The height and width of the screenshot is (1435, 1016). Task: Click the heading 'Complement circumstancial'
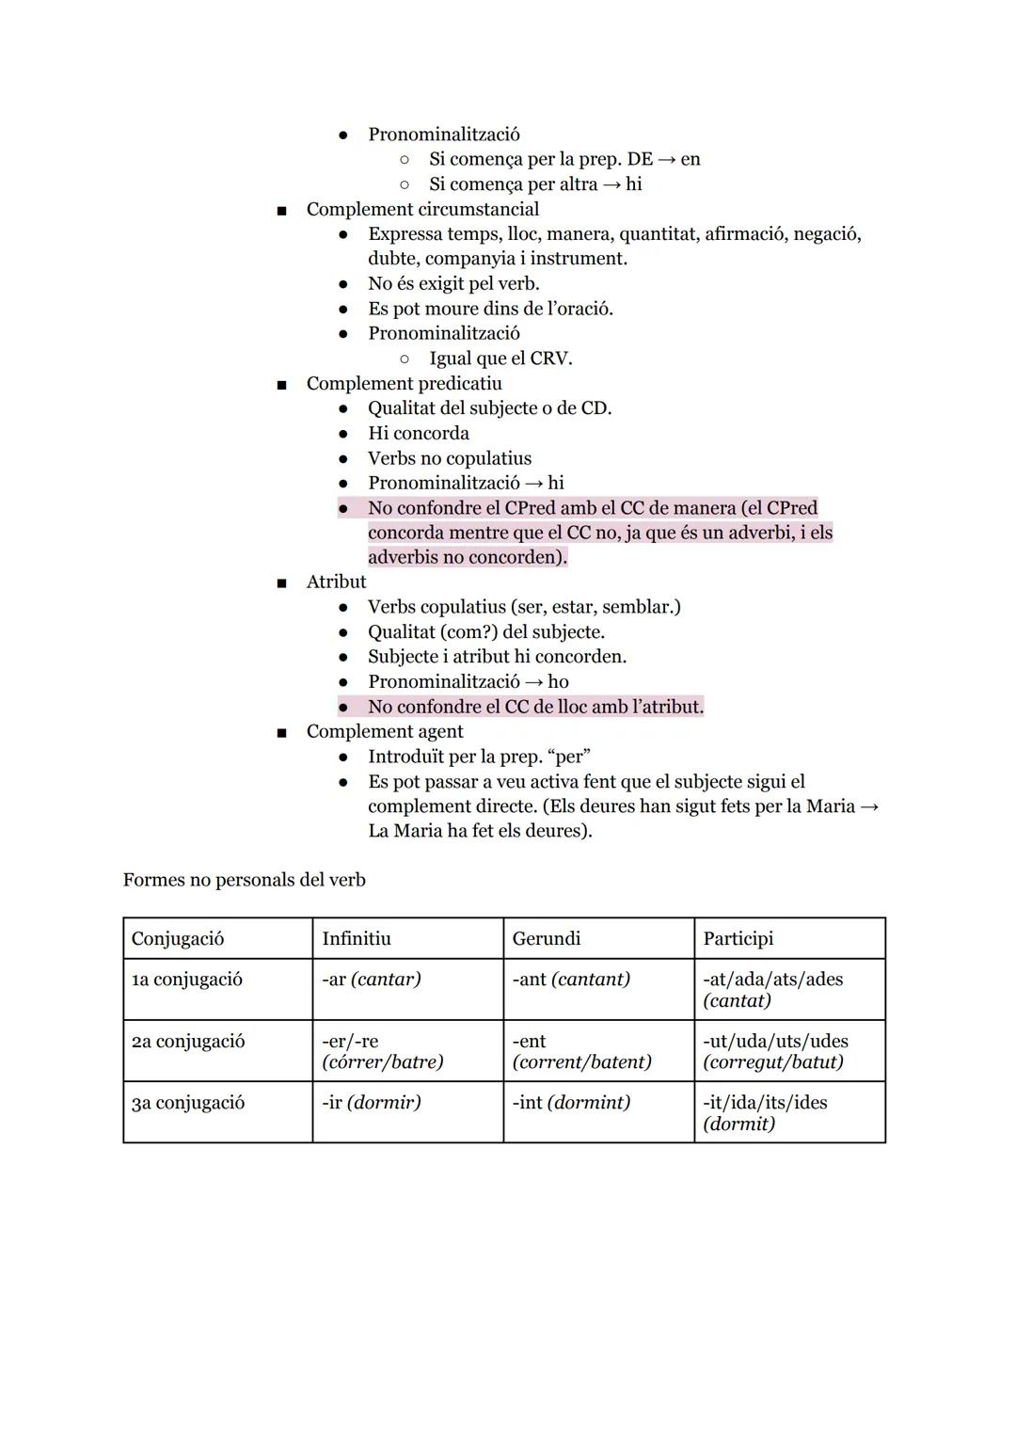422,209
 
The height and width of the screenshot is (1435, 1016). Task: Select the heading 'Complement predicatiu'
404,383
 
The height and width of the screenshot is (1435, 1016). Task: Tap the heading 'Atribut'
336,582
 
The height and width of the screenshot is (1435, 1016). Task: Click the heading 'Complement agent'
385,731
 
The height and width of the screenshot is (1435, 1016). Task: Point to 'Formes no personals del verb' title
244,880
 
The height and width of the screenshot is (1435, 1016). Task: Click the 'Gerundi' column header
546,938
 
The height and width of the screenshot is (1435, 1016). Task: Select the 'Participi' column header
738,938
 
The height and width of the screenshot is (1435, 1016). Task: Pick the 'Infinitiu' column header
356,938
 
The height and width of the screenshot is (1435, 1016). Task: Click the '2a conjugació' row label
188,1041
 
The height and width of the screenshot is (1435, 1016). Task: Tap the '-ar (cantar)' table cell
371,979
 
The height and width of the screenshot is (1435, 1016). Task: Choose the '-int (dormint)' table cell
570,1102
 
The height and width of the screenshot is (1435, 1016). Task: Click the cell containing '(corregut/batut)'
772,1061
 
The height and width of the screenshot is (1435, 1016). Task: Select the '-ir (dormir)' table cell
371,1102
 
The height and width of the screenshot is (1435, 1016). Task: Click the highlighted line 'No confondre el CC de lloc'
535,707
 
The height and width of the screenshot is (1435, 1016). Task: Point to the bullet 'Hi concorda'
418,433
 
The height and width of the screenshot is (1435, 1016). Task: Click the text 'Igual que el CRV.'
500,359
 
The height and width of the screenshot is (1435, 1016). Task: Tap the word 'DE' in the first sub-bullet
639,159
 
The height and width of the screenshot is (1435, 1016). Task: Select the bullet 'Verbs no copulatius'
449,458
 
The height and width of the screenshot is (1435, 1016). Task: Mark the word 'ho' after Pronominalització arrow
558,681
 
